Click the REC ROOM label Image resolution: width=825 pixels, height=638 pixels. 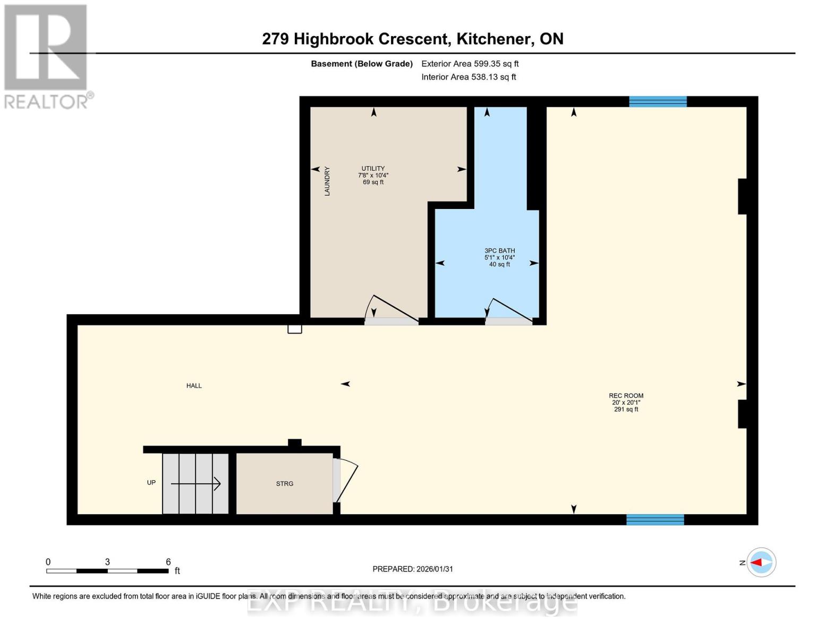pos(626,396)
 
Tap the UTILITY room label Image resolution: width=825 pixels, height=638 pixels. pos(373,169)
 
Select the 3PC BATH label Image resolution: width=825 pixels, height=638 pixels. pos(499,251)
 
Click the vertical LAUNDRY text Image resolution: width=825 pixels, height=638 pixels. pos(327,181)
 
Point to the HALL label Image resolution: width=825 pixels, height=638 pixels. pos(194,386)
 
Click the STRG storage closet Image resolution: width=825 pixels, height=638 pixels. pos(285,484)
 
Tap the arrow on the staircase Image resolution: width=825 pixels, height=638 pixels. pos(195,484)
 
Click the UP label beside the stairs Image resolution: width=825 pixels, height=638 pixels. pos(151,483)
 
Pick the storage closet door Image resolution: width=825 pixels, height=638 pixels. pos(345,481)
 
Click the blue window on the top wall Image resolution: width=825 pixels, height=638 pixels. pos(658,102)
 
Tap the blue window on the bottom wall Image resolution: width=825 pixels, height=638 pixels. pos(655,520)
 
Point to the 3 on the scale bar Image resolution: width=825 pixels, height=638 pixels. pos(107,562)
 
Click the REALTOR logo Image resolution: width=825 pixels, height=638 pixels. pos(47,56)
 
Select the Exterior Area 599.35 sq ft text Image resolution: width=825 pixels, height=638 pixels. pos(470,64)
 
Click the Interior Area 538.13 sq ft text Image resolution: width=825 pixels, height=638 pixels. pos(469,77)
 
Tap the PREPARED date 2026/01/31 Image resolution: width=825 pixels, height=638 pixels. pos(413,569)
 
